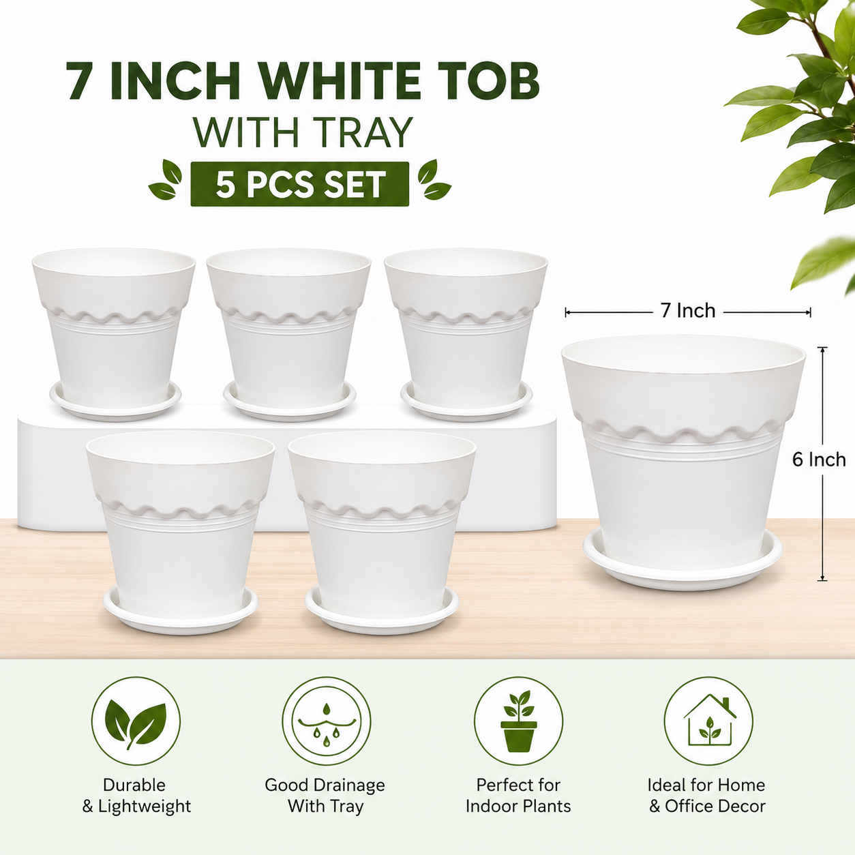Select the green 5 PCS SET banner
pos(299,183)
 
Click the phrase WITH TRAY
pos(303,132)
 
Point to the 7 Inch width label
pos(688,311)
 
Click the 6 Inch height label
pos(819,460)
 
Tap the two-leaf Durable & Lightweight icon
pos(136,721)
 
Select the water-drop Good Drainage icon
pos(327,721)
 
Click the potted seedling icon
pos(518,721)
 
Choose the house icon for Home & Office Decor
pos(708,721)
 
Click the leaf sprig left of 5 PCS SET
pos(165,180)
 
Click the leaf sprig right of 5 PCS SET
pos(434,180)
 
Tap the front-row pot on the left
pos(181,532)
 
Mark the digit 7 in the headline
pos(83,80)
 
